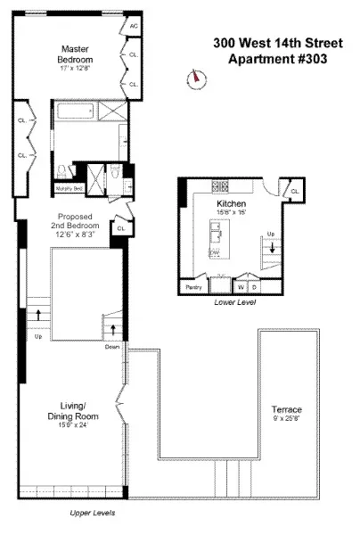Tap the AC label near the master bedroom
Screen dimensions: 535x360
coord(134,27)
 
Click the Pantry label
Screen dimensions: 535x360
coord(193,288)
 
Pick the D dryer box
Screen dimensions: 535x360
coord(255,288)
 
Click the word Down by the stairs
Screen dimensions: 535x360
coord(112,347)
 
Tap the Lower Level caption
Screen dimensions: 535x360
coord(235,303)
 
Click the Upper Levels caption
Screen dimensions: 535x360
coord(92,514)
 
